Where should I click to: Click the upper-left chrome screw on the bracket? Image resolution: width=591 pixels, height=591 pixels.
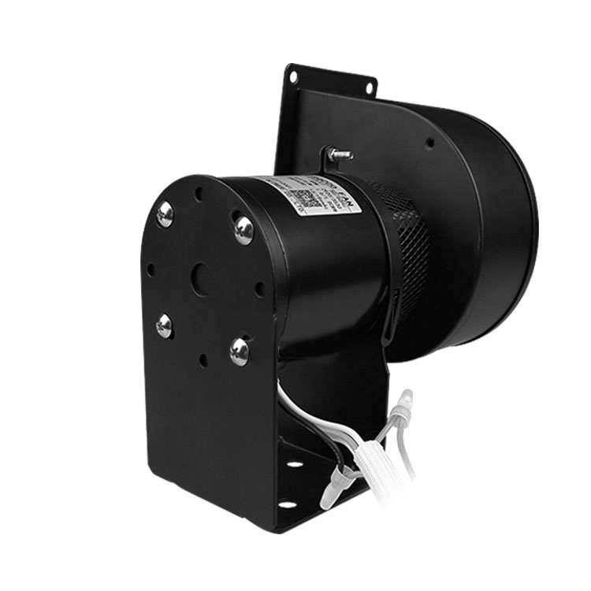coord(165,214)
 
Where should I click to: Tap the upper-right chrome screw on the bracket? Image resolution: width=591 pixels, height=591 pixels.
coord(243,229)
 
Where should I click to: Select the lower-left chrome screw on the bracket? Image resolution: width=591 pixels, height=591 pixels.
coord(164,325)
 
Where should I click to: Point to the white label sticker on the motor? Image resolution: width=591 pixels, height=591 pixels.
coord(311,195)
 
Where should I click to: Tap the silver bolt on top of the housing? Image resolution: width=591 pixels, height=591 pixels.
coord(339,154)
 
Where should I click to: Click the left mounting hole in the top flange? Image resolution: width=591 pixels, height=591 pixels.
coord(293,77)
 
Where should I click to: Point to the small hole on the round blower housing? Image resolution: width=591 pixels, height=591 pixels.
coord(430,143)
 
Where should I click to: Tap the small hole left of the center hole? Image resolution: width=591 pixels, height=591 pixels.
coord(151,269)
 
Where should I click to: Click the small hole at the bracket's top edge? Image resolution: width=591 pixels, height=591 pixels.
coord(199,190)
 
